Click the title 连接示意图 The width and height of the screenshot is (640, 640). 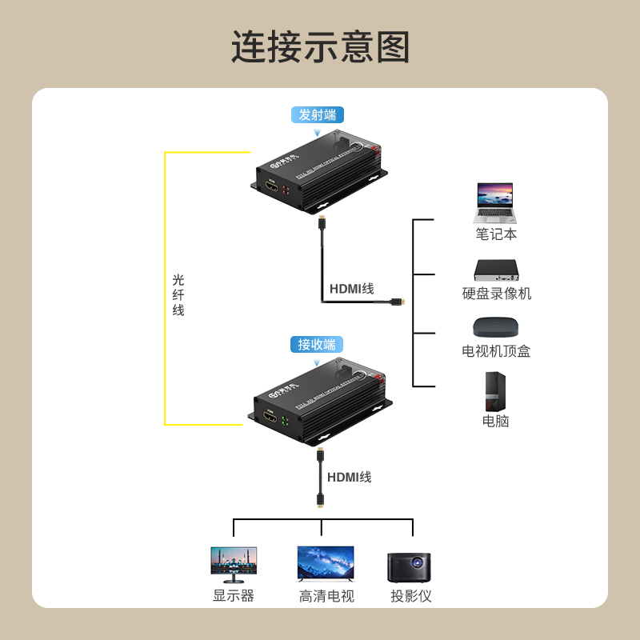coord(320,47)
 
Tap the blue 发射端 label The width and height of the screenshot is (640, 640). coord(318,114)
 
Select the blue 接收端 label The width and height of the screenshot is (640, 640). coord(317,345)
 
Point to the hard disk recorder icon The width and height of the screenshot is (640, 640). coord(496,270)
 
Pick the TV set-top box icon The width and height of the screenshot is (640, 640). coord(496,326)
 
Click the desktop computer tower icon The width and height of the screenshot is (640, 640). coord(495,391)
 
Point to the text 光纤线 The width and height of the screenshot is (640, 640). coord(178,294)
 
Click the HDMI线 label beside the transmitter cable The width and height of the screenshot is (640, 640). coord(351,289)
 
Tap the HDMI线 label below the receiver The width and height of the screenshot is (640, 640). coord(349,478)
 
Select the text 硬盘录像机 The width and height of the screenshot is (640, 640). coord(496,294)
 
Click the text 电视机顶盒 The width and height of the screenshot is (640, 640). coord(496,351)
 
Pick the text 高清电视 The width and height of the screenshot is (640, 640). coord(326,596)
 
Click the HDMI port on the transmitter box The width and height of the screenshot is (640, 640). coord(272,190)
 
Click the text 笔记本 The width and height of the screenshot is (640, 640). coord(496,234)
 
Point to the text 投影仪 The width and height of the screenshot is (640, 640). coord(411,596)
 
